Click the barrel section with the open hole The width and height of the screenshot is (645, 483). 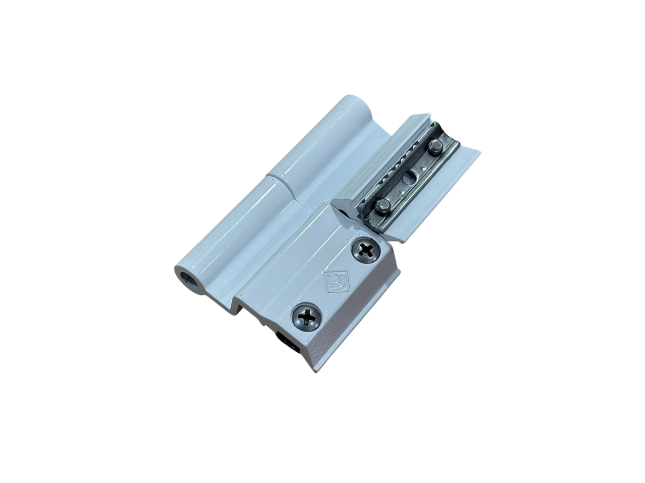[x=232, y=231]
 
